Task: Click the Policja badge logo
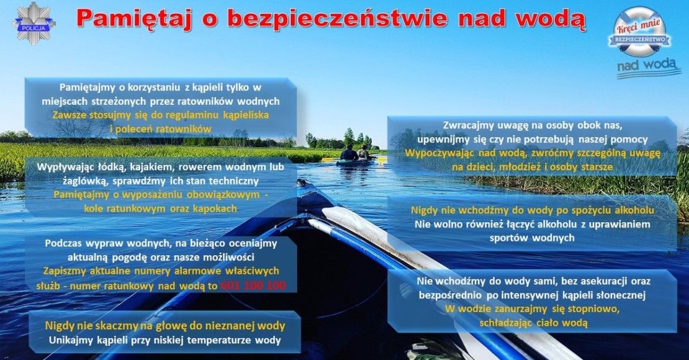[x=34, y=24]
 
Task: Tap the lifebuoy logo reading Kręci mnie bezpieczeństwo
[x=641, y=32]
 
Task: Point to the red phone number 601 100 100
[x=253, y=286]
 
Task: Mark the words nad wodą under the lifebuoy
[x=646, y=66]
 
